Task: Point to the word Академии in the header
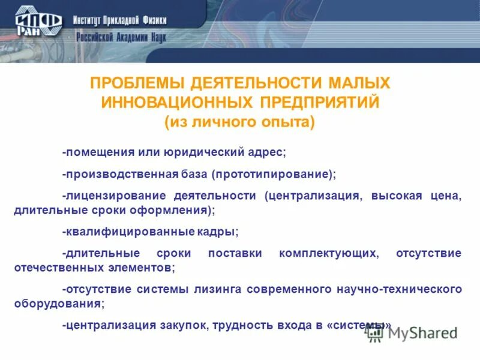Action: click(x=130, y=38)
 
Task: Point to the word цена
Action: click(x=448, y=196)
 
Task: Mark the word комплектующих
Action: click(x=329, y=253)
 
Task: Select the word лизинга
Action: click(x=217, y=289)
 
